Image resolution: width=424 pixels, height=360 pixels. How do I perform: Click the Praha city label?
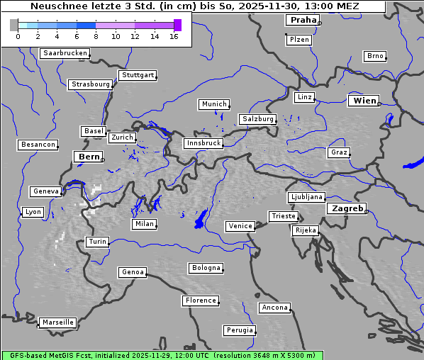(302, 20)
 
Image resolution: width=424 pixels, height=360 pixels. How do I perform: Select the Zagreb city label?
(346, 208)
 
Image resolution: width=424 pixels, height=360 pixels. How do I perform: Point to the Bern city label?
(89, 157)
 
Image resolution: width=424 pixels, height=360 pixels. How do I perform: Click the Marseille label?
(57, 322)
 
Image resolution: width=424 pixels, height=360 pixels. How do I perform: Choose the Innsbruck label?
(203, 143)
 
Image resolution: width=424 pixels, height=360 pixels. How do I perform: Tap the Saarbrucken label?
(65, 53)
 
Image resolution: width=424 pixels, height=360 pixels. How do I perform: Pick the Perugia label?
(240, 330)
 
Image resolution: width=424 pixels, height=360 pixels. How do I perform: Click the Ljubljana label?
(306, 197)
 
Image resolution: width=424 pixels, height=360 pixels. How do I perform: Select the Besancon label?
(38, 145)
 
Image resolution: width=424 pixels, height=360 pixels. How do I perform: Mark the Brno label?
(375, 56)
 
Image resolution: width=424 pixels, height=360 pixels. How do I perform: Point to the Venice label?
(240, 226)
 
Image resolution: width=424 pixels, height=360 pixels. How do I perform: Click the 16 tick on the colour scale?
(174, 35)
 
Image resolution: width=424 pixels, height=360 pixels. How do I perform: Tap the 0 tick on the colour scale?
(18, 35)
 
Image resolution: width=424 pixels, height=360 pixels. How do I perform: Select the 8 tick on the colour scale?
(96, 35)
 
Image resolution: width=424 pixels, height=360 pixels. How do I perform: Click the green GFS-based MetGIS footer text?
(162, 355)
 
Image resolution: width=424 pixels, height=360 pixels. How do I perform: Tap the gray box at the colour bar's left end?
(13, 25)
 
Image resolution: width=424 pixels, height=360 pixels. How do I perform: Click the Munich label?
(214, 104)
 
